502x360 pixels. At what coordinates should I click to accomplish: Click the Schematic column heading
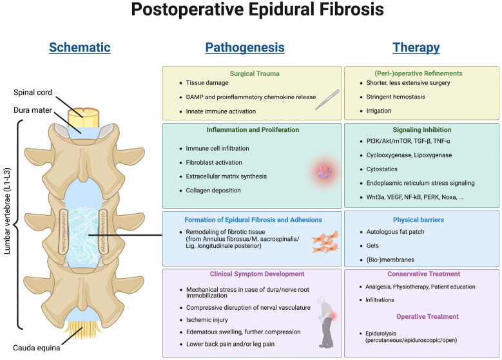coord(80,48)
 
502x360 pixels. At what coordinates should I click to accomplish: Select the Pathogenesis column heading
coord(245,48)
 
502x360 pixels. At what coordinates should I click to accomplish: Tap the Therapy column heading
coord(416,48)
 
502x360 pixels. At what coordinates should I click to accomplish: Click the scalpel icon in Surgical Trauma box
coord(327,100)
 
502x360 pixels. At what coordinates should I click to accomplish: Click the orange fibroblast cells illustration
coord(326,242)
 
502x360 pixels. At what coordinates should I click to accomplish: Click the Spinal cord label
coord(33,92)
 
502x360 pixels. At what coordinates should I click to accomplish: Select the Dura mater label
coord(33,110)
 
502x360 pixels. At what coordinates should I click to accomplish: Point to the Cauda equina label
coord(37,348)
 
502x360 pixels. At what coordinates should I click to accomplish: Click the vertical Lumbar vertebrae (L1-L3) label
coord(7,211)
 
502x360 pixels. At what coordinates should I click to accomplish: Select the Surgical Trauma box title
coord(255,73)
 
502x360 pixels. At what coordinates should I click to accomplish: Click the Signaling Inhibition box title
coord(422,129)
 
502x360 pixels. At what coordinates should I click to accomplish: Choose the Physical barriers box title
coord(418,220)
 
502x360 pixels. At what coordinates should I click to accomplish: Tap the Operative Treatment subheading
coord(427,316)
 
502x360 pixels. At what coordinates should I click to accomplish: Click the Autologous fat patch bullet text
coord(396,232)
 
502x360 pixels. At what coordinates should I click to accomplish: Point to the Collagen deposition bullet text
coord(213,191)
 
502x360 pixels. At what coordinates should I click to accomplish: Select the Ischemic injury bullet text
coord(207,319)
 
